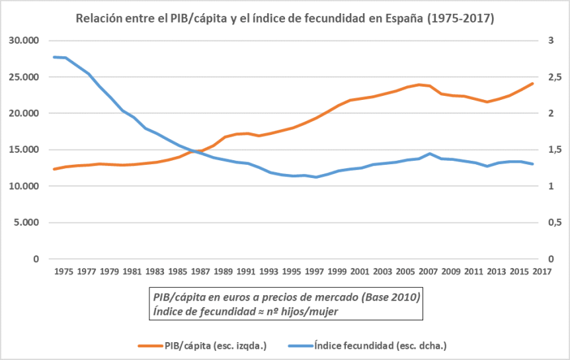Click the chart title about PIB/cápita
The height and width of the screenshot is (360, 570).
pyautogui.click(x=284, y=19)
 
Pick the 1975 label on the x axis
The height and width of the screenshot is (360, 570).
pyautogui.click(x=64, y=271)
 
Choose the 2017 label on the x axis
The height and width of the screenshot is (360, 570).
pyautogui.click(x=542, y=271)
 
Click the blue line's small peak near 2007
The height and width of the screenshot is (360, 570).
pyautogui.click(x=430, y=154)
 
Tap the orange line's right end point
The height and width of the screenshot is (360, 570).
pyautogui.click(x=533, y=83)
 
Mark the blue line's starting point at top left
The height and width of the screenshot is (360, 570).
pyautogui.click(x=54, y=57)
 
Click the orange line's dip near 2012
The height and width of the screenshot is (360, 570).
pyautogui.click(x=487, y=102)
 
